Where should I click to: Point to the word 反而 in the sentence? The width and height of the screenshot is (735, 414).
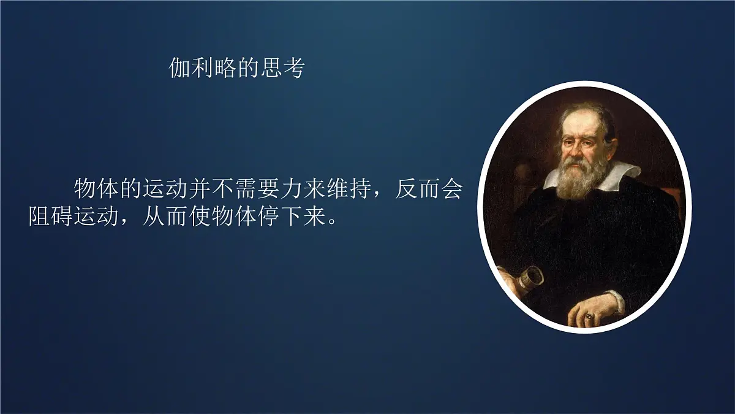pyautogui.click(x=417, y=189)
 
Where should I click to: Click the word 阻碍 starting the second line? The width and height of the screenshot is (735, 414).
pyautogui.click(x=51, y=217)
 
